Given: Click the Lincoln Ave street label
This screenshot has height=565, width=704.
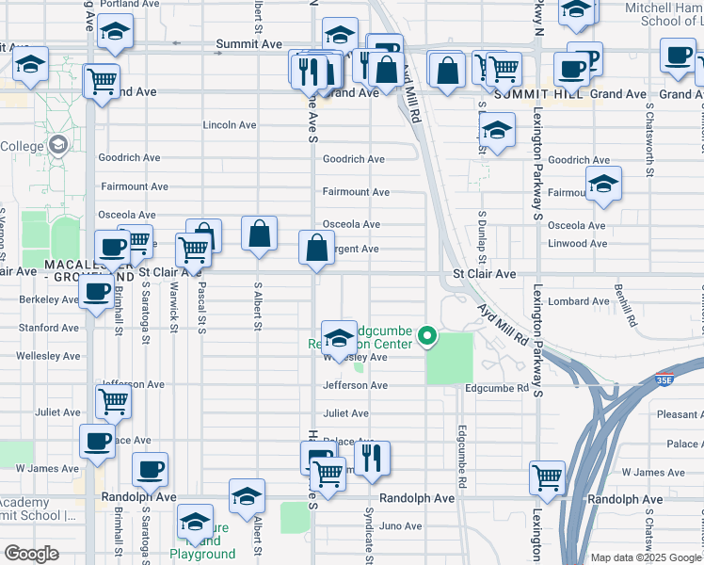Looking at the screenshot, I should pyautogui.click(x=230, y=125).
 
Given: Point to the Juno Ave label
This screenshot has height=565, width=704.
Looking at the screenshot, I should pyautogui.click(x=402, y=525).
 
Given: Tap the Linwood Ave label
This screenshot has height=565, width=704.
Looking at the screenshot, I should pyautogui.click(x=577, y=245).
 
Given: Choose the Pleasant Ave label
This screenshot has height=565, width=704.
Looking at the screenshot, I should pyautogui.click(x=678, y=413).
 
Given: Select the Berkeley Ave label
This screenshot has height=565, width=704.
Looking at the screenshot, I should pyautogui.click(x=49, y=300).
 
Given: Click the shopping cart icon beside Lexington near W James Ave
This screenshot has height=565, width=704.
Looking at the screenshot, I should pyautogui.click(x=547, y=476).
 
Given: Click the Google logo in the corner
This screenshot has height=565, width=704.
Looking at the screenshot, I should pyautogui.click(x=31, y=554).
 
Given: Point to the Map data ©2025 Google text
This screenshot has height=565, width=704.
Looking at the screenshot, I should pyautogui.click(x=645, y=557).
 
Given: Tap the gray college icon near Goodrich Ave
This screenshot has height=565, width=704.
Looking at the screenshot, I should pyautogui.click(x=58, y=145).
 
